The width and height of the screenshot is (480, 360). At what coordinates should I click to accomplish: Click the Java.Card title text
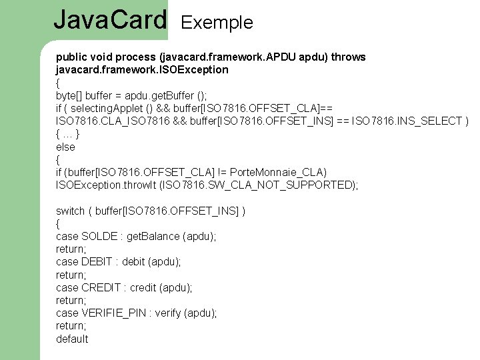click(x=110, y=20)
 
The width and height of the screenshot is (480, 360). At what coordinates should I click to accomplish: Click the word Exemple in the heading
click(x=217, y=23)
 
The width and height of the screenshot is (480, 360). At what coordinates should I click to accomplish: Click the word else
click(x=65, y=147)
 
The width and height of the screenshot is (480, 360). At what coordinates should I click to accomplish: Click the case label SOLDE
click(x=98, y=237)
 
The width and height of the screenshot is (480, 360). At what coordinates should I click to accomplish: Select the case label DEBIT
click(x=97, y=262)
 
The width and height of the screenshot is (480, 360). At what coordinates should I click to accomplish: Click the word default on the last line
click(x=72, y=339)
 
